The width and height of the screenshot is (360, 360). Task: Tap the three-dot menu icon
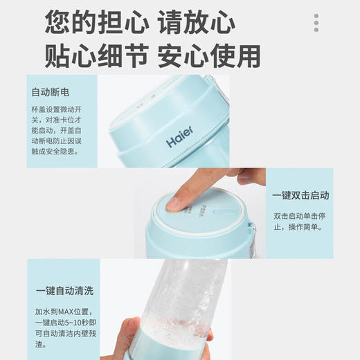pyautogui.click(x=316, y=22)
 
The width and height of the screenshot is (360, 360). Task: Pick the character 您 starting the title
pyautogui.click(x=57, y=23)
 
